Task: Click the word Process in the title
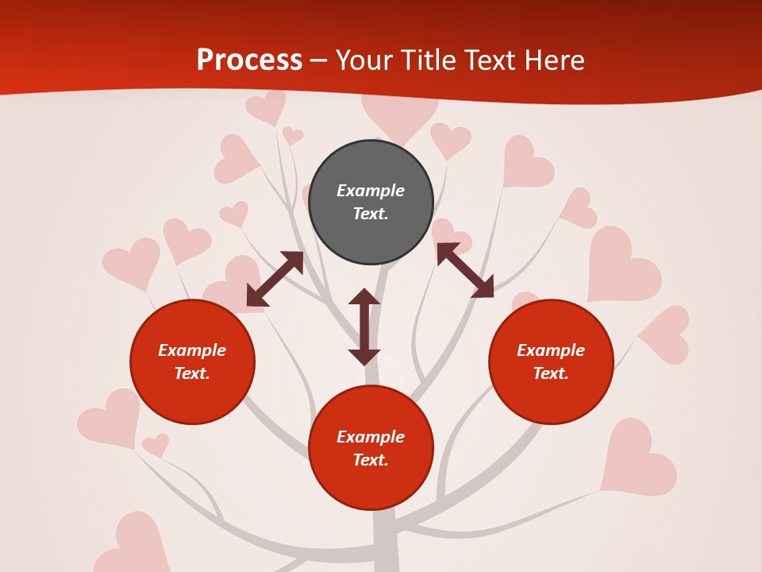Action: tap(249, 60)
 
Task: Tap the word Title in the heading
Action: tap(431, 60)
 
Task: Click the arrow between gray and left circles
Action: tap(275, 279)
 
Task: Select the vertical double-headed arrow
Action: tap(364, 327)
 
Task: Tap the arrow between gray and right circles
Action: tap(465, 270)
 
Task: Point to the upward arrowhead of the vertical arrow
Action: tap(364, 296)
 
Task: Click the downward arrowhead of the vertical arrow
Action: tap(364, 357)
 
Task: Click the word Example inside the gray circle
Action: tap(371, 191)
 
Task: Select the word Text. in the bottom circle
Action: tap(371, 460)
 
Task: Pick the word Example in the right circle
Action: tap(551, 350)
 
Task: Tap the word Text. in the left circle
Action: tap(192, 373)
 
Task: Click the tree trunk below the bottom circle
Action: tap(385, 544)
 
